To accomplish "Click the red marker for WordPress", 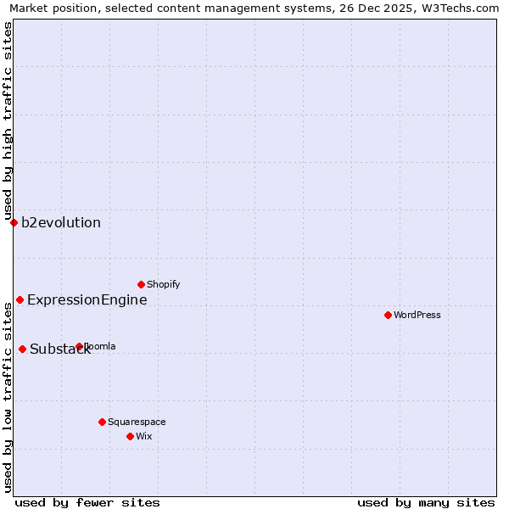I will [x=388, y=315].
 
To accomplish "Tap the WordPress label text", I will [x=417, y=315].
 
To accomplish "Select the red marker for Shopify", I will [x=141, y=284].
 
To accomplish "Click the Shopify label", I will [x=163, y=284].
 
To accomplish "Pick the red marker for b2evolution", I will [x=14, y=222].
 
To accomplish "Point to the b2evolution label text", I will [x=61, y=223].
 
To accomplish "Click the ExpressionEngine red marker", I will [x=20, y=299].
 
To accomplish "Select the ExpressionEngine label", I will [x=87, y=299].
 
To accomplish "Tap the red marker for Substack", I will [x=22, y=349].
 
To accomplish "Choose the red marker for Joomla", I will [x=79, y=346].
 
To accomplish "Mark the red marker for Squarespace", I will [x=102, y=422].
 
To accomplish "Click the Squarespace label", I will [x=137, y=422].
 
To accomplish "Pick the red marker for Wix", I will [x=130, y=436].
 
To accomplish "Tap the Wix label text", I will [x=143, y=436].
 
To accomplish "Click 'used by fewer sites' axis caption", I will [x=87, y=502].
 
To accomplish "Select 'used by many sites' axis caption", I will [x=426, y=502].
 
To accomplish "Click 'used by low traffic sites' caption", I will [x=8, y=396].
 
